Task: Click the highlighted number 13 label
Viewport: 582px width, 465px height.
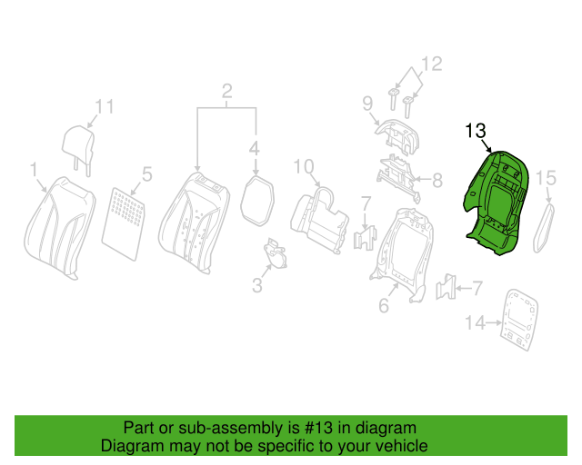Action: coord(476,131)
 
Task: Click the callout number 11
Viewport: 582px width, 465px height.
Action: coord(105,107)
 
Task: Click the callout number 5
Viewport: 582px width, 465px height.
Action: coord(147,173)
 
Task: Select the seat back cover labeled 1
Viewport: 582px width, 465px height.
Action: coord(59,227)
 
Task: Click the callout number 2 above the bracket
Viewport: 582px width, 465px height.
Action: coord(226,91)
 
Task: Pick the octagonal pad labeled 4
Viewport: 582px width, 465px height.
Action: coord(257,201)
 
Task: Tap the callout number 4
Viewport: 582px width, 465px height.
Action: coord(255,149)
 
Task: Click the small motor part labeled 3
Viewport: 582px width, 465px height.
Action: coord(275,253)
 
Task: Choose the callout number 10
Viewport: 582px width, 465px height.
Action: coord(304,167)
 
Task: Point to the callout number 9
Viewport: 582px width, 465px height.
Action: coord(367,104)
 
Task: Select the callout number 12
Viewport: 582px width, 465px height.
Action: coord(432,64)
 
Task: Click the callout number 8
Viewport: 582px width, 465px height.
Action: coord(438,180)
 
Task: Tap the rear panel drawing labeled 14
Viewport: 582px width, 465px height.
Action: coord(519,320)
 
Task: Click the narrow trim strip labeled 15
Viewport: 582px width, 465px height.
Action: coord(544,228)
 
